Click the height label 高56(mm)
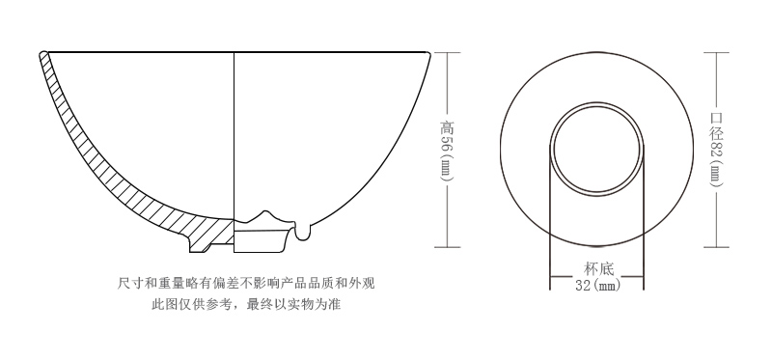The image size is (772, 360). pos(446,149)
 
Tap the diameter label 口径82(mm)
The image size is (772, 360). pos(716,149)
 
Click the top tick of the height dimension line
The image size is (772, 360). pos(446,52)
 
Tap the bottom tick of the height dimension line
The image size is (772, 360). pos(446,247)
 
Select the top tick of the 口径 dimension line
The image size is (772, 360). pos(716,52)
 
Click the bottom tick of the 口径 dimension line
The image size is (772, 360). pos(716,247)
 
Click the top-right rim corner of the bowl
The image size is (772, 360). pos(428,53)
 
